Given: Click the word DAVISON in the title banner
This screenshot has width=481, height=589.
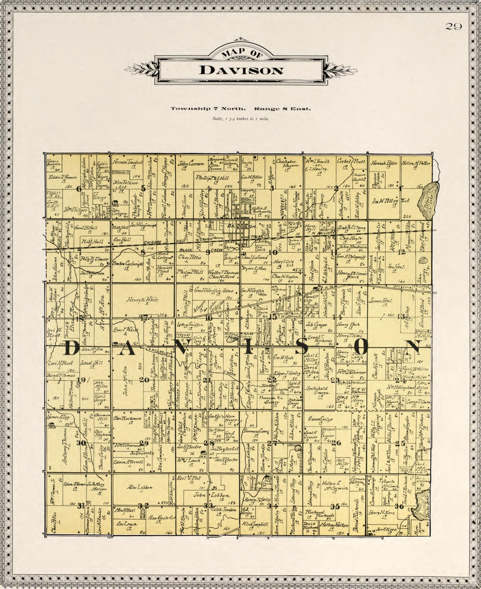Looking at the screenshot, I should pyautogui.click(x=241, y=70).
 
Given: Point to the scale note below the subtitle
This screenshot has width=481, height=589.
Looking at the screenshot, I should pyautogui.click(x=240, y=119).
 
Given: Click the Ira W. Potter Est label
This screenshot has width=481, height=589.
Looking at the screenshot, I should pyautogui.click(x=390, y=202).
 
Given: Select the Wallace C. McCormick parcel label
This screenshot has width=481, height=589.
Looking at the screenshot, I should pyautogui.click(x=334, y=484).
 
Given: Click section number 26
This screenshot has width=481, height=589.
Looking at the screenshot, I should pyautogui.click(x=336, y=443).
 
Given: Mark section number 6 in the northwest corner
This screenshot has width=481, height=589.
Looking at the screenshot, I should pyautogui.click(x=79, y=189).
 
